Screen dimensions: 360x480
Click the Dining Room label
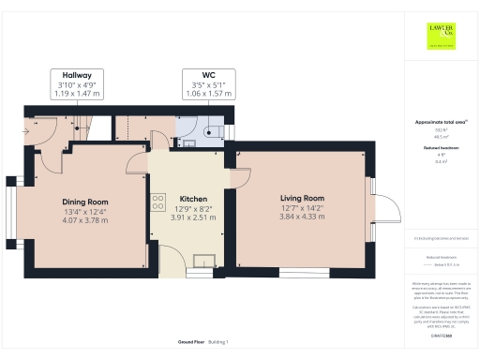tap(85, 202)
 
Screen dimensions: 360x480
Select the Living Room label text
tap(302, 198)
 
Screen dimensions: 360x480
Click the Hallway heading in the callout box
tap(77, 75)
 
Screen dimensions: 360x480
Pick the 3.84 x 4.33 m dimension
tap(302, 217)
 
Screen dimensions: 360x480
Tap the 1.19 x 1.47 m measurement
tap(77, 95)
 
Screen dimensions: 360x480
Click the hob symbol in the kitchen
tap(154, 203)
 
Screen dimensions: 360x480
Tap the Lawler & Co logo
tap(442, 36)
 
